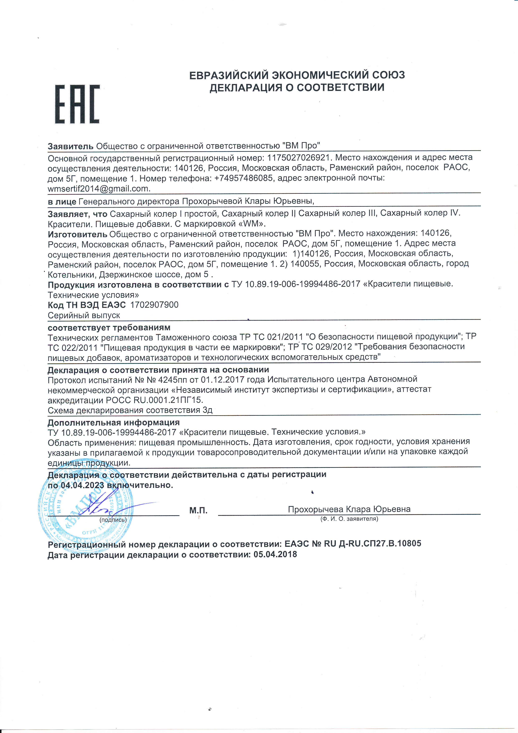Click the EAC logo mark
77,104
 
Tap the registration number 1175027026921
300,157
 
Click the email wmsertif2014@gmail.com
99,189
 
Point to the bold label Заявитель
70,146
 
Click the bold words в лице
62,201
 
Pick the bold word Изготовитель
77,234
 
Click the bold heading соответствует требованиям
109,328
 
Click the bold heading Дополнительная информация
114,422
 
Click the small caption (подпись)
113,519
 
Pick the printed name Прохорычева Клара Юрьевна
349,509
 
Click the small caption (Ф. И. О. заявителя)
349,519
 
